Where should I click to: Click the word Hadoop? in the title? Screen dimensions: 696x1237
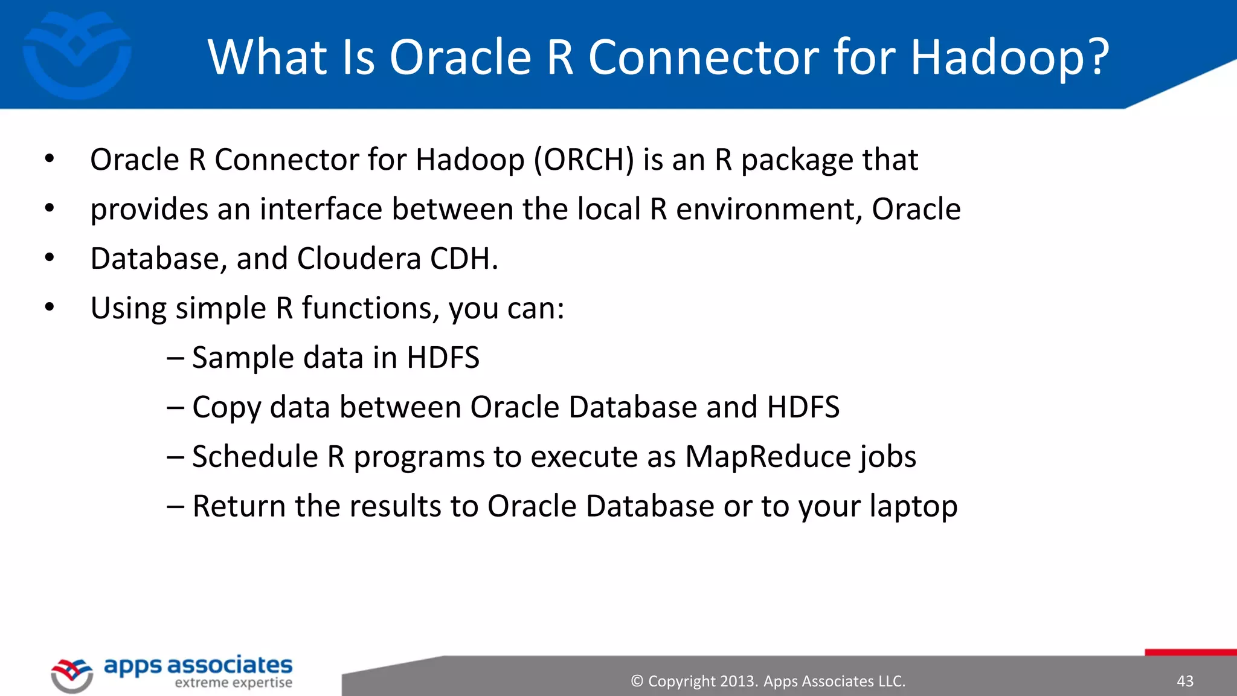point(1009,57)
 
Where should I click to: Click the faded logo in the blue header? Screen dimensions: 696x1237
point(77,54)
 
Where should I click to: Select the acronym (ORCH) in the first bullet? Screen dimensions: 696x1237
point(583,160)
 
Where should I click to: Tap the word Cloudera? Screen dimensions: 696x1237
point(359,259)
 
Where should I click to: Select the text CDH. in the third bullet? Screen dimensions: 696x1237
point(464,259)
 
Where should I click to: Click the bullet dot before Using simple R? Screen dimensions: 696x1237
point(50,308)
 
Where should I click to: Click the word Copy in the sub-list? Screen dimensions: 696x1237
point(227,408)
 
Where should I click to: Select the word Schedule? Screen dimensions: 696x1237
point(255,457)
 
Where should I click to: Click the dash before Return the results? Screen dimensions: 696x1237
point(175,506)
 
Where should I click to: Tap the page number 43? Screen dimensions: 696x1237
point(1185,681)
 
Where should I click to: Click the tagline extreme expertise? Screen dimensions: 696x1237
point(233,683)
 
